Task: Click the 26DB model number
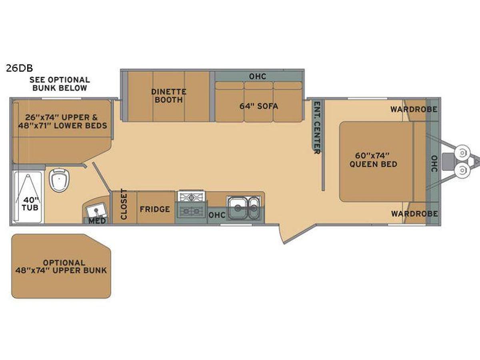pyautogui.click(x=19, y=68)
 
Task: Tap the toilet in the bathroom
pyautogui.click(x=59, y=180)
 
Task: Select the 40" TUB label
pyautogui.click(x=30, y=204)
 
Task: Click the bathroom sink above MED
pyautogui.click(x=96, y=210)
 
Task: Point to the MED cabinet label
pyautogui.click(x=97, y=221)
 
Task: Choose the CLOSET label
pyautogui.click(x=124, y=204)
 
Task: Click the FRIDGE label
pyautogui.click(x=155, y=209)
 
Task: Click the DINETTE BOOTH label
pyautogui.click(x=169, y=96)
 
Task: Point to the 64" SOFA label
pyautogui.click(x=259, y=106)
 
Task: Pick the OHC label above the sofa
pyautogui.click(x=258, y=76)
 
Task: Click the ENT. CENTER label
pyautogui.click(x=317, y=128)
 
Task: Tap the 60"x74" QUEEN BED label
pyautogui.click(x=373, y=160)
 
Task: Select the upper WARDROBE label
pyautogui.click(x=414, y=109)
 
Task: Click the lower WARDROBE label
pyautogui.click(x=414, y=214)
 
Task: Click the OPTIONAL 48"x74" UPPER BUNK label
pyautogui.click(x=61, y=266)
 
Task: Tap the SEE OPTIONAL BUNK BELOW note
pyautogui.click(x=60, y=84)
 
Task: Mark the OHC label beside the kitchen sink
pyautogui.click(x=217, y=215)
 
